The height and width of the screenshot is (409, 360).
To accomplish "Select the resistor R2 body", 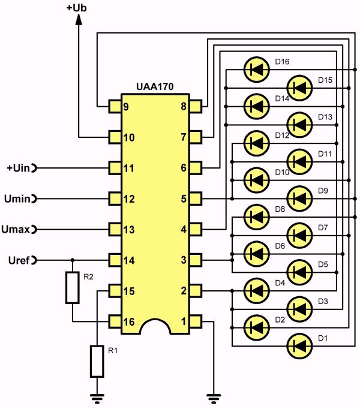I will [x=73, y=287].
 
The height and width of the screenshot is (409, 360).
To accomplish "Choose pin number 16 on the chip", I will [x=128, y=321].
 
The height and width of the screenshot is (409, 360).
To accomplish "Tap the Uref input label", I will [x=19, y=260].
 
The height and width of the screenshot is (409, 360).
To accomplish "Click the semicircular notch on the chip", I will [x=156, y=327].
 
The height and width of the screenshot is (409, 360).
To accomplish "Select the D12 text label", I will [x=282, y=136].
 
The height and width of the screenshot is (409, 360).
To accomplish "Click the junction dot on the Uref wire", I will [x=73, y=260].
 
